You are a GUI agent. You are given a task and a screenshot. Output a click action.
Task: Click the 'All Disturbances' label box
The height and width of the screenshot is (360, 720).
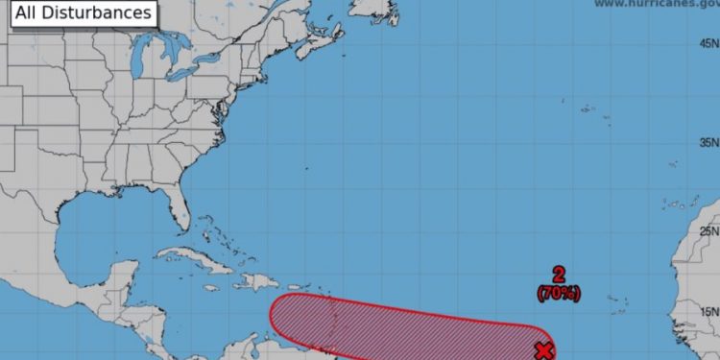(83, 13)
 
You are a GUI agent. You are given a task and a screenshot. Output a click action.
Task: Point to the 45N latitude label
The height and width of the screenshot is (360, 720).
(708, 43)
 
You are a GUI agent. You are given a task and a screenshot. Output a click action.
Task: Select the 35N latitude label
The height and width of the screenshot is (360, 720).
(708, 142)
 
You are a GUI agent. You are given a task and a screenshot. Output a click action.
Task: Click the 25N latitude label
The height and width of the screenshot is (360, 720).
(708, 231)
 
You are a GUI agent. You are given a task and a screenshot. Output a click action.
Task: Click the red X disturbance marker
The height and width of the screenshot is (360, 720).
(544, 350)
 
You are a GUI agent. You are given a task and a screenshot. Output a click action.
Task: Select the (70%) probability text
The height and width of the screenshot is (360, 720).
(559, 294)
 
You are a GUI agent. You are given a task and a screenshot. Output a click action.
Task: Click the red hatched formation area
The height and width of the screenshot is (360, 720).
(403, 326)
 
